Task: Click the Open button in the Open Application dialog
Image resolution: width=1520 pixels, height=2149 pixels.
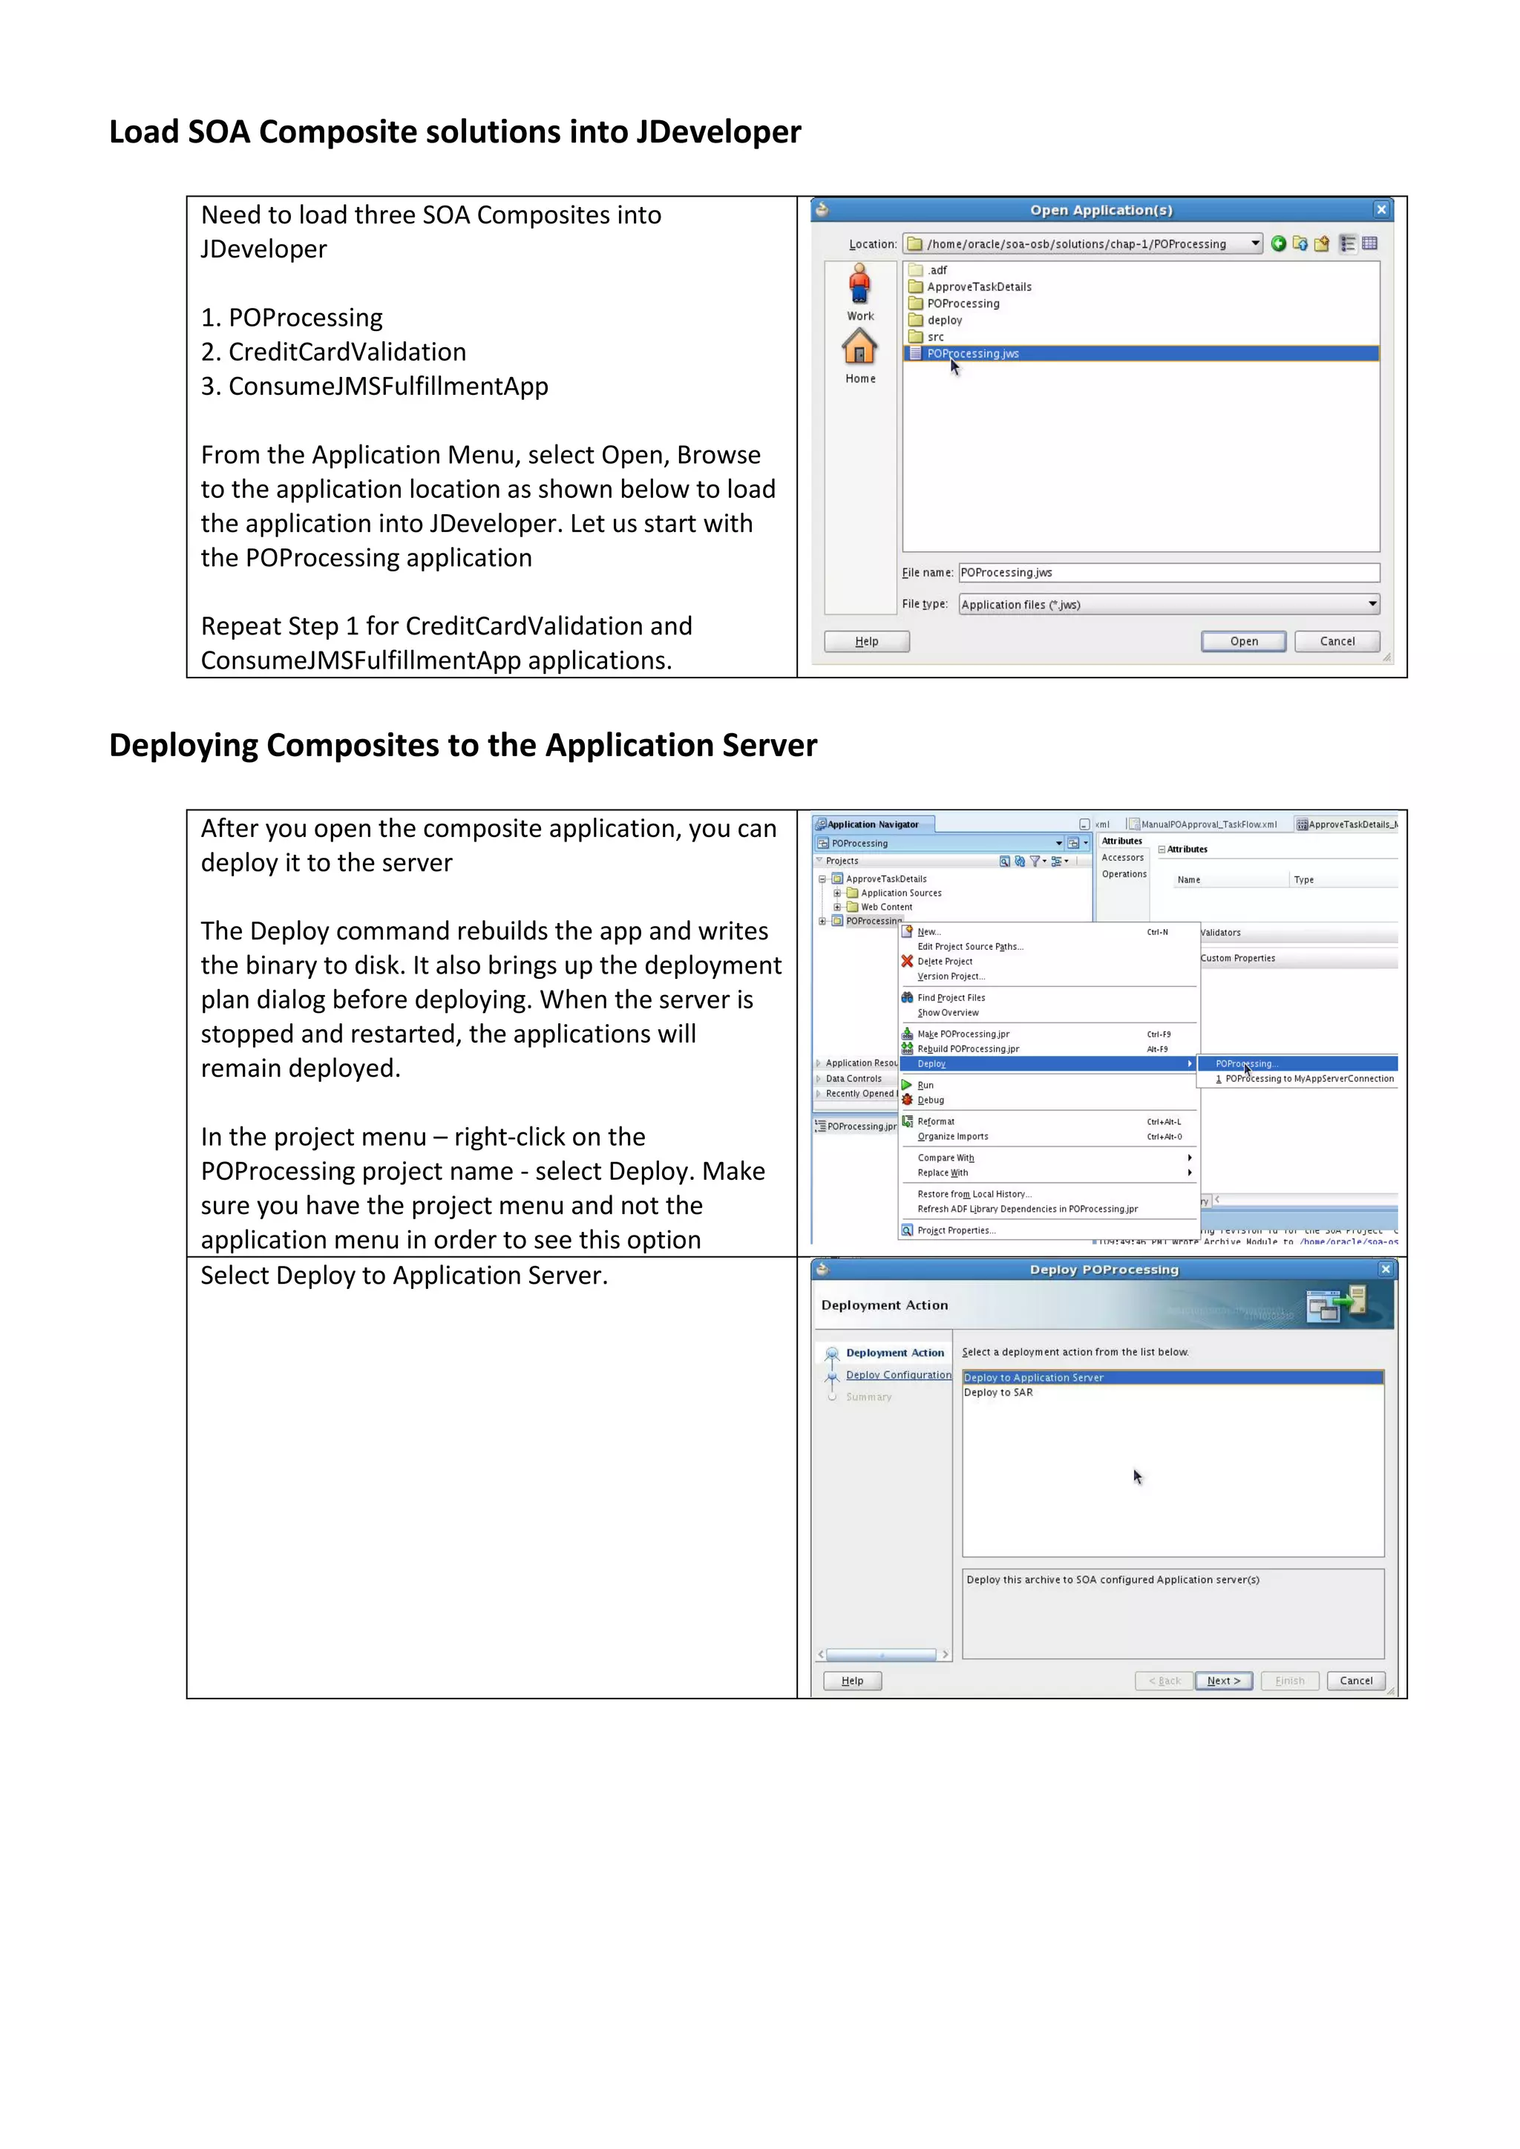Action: tap(1243, 641)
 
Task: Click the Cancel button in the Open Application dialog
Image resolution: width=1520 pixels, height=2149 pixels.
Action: tap(1337, 641)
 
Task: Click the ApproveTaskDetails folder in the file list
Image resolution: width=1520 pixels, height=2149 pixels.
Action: tap(978, 287)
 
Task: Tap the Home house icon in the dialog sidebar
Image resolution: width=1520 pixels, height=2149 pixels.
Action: tap(859, 349)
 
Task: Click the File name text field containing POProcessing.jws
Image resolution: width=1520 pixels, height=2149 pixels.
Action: tap(1168, 573)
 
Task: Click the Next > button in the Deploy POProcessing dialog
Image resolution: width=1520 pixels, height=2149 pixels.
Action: tap(1223, 1680)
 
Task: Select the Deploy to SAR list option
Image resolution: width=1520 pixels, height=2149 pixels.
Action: tap(997, 1393)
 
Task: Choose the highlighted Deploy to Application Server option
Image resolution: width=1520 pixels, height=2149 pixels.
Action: tap(1033, 1378)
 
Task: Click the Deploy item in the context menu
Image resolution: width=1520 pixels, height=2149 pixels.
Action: tap(931, 1064)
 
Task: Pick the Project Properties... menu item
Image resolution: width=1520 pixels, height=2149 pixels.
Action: tap(956, 1231)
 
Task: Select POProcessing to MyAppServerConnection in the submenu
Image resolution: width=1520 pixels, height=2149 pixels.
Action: tap(1308, 1079)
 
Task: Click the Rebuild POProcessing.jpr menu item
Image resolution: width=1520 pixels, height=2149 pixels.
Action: tap(968, 1049)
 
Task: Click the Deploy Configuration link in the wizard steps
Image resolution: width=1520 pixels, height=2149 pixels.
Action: tap(897, 1375)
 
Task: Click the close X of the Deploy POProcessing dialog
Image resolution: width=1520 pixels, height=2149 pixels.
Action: tap(1385, 1269)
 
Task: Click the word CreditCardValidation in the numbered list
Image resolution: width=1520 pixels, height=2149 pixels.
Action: tap(347, 352)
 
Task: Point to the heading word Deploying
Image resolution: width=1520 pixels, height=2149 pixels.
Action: tap(183, 745)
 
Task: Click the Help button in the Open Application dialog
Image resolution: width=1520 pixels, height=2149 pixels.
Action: tap(867, 641)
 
